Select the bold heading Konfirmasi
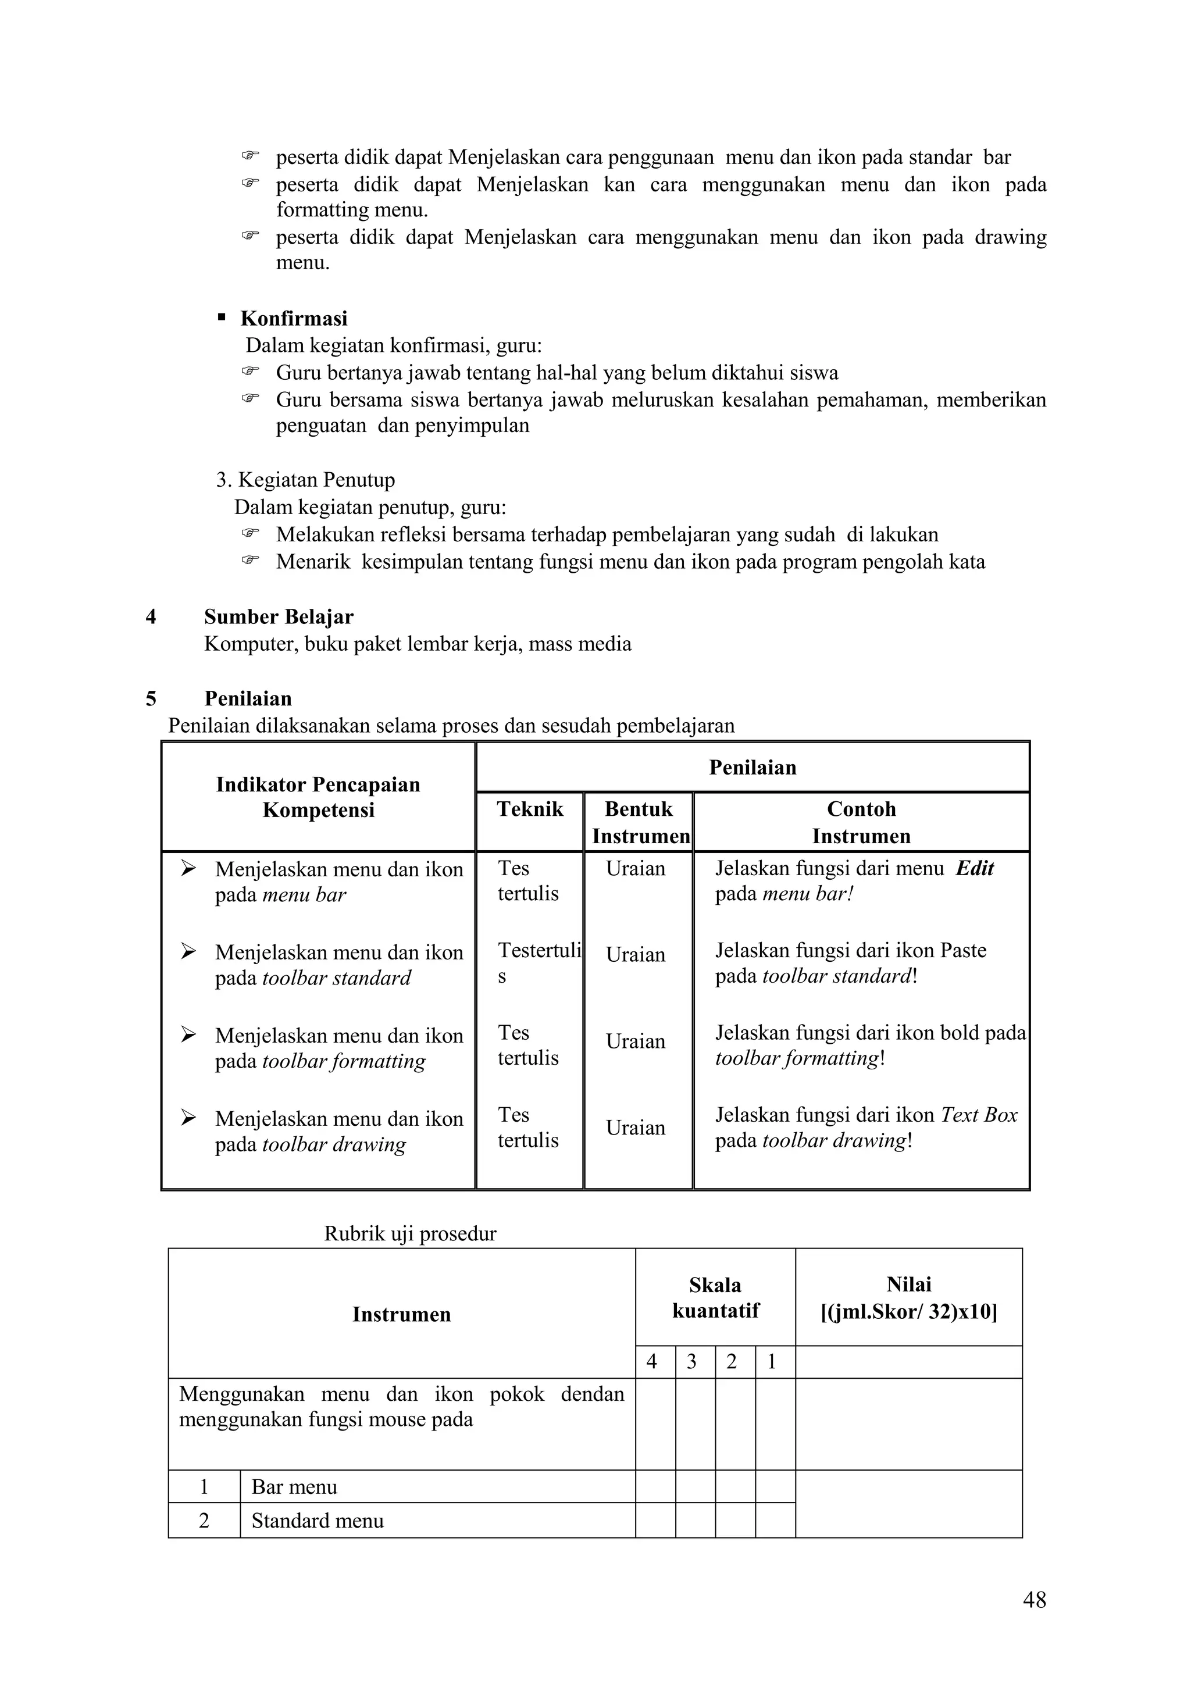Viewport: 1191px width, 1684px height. (x=293, y=318)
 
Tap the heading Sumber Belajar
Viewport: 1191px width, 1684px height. (x=278, y=617)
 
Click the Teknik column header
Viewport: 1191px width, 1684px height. (x=530, y=809)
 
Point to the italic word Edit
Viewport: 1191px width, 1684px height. (x=974, y=868)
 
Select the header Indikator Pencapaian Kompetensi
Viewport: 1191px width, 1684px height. (x=318, y=797)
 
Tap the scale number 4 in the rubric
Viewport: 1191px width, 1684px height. (x=651, y=1362)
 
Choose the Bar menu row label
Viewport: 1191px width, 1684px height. (x=294, y=1487)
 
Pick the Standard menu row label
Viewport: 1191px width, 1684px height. (x=317, y=1521)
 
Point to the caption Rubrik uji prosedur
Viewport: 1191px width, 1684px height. (x=410, y=1234)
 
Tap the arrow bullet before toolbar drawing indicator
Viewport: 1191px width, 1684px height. (x=188, y=1118)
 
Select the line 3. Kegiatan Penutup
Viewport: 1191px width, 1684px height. (x=305, y=480)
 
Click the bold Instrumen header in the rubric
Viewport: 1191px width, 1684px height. (x=401, y=1314)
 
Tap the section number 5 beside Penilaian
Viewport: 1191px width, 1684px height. (x=151, y=698)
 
